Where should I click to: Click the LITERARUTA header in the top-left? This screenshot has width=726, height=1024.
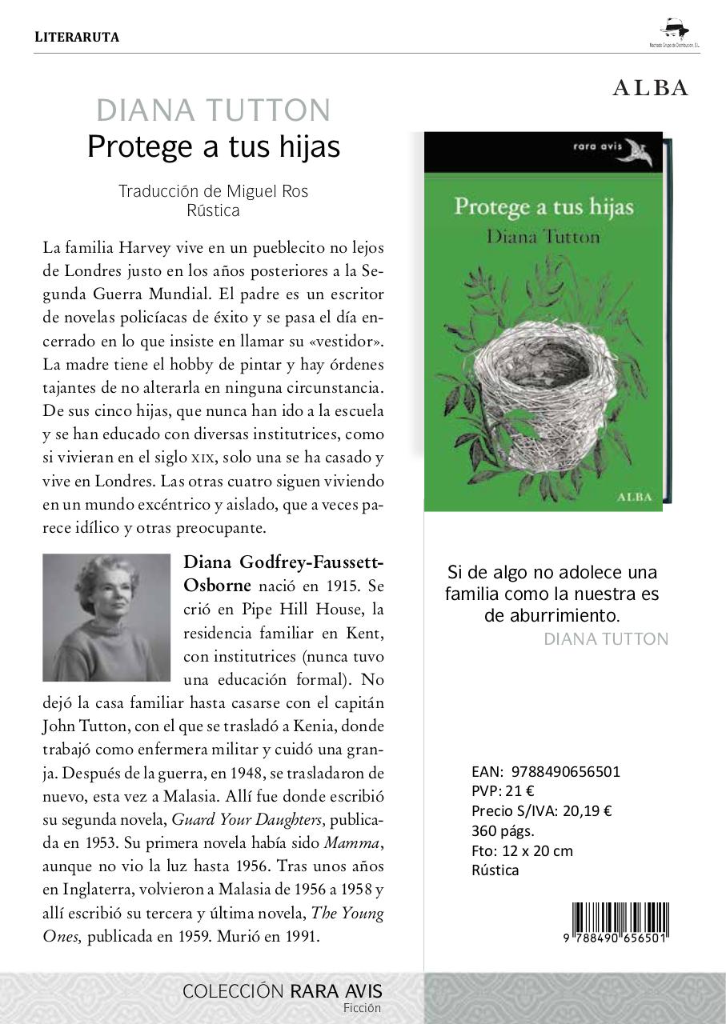pos(77,37)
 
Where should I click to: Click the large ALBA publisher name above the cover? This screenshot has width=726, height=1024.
pos(650,89)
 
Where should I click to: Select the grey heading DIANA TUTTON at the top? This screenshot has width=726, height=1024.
pos(213,110)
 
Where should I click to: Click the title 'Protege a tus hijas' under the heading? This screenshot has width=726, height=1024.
pos(213,146)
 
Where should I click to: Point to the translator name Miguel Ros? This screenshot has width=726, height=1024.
pos(267,191)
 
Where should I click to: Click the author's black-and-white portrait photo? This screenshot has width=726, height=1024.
pos(106,617)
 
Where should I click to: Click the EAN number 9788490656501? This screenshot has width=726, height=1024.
pos(565,772)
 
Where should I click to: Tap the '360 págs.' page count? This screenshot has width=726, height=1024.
pos(503,830)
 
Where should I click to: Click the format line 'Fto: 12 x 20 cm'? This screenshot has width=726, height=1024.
pos(522,850)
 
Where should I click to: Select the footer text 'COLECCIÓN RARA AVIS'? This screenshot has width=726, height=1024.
pos(283,991)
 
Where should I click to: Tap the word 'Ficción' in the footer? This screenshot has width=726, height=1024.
pos(362,1008)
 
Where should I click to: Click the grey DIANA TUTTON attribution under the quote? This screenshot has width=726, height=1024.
pos(605,638)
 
